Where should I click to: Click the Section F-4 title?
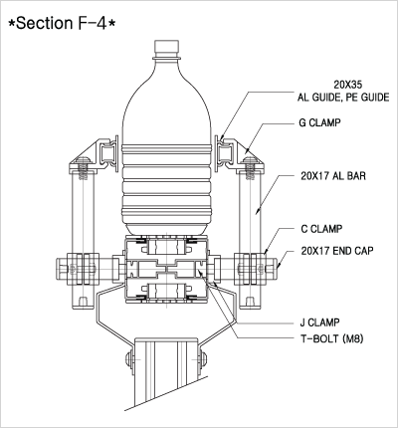coord(62,23)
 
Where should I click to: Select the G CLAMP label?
coord(319,122)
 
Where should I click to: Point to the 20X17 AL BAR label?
coord(333,176)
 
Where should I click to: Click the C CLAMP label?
coord(321,229)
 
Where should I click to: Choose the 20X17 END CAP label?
coord(337,251)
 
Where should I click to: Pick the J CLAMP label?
coord(319,322)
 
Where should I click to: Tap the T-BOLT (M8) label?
coord(331,338)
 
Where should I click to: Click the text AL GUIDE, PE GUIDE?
coord(343,98)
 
